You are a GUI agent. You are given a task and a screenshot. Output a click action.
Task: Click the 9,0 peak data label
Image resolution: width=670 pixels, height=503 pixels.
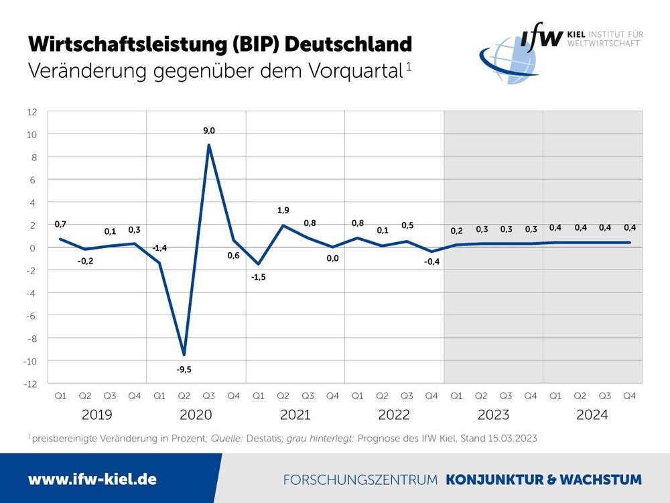click(x=209, y=131)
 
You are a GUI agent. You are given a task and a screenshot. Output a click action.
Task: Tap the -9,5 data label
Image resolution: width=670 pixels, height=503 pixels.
click(x=184, y=369)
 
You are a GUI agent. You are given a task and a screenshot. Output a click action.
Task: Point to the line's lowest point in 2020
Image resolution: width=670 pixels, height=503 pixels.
click(x=184, y=355)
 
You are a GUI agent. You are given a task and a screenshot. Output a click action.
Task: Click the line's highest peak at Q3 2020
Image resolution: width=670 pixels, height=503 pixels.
click(x=209, y=145)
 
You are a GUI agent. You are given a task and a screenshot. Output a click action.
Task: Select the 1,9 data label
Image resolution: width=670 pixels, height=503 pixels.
click(x=283, y=211)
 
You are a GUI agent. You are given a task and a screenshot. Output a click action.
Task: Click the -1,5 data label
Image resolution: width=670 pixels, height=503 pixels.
click(x=259, y=277)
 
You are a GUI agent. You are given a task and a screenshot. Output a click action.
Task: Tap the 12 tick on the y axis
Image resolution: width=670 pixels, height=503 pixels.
click(x=32, y=111)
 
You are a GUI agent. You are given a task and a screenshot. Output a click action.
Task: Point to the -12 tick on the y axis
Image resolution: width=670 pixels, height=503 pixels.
click(x=31, y=384)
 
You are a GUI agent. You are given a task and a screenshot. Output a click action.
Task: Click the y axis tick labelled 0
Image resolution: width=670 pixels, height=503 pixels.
click(x=34, y=247)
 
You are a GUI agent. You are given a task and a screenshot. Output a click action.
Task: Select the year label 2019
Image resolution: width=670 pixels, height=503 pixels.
click(x=97, y=415)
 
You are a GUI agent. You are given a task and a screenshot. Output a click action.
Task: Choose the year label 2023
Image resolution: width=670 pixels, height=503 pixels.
click(x=493, y=415)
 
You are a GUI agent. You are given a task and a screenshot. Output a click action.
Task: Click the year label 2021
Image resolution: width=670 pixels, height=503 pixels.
click(x=295, y=415)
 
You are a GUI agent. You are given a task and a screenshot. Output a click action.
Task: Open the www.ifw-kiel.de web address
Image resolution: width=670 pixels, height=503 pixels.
click(x=92, y=480)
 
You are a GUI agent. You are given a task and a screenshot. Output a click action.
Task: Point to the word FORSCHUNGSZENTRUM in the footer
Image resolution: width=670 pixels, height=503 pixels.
click(x=360, y=480)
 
